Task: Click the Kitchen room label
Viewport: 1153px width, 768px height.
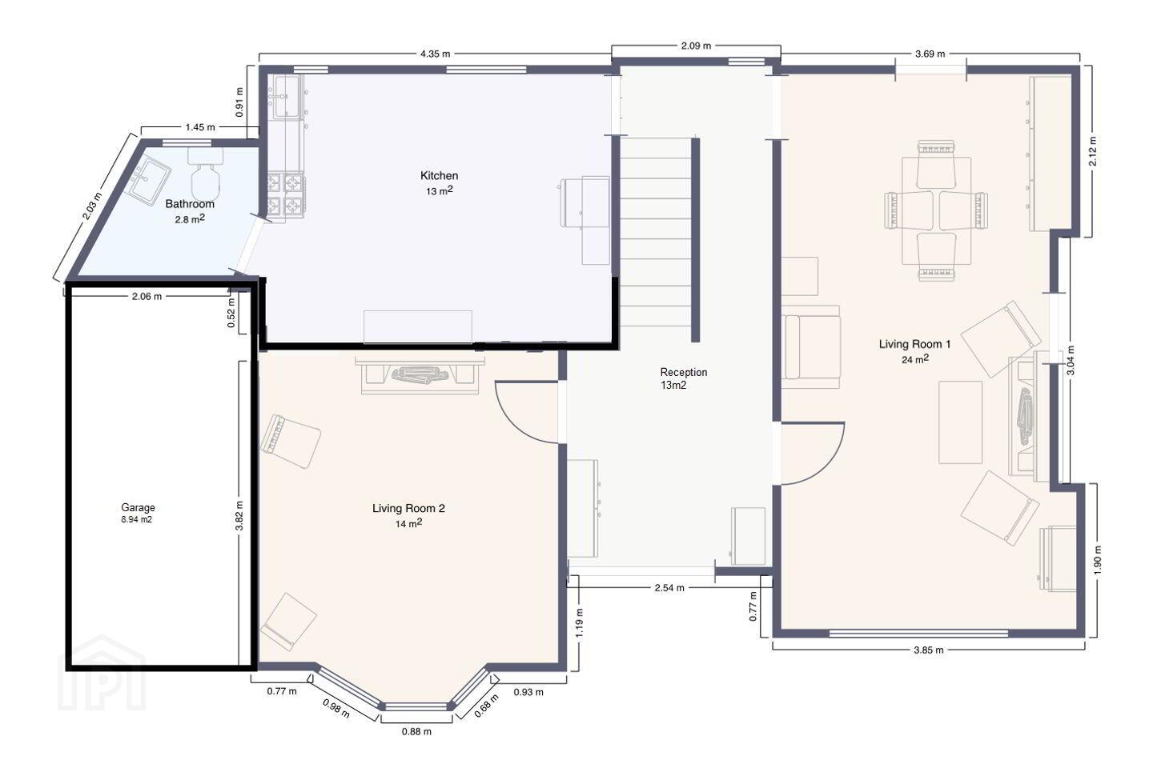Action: coord(439,176)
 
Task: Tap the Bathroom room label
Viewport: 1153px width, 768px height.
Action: coord(190,204)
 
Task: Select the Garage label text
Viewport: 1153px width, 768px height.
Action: coord(138,508)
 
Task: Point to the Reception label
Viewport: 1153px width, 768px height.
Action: coord(684,372)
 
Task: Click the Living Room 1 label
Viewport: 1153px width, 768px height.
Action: coord(914,344)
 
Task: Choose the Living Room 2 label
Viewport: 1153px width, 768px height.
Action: coord(408,508)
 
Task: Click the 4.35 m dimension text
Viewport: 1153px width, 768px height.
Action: coord(435,54)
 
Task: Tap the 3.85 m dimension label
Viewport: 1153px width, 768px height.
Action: coord(929,650)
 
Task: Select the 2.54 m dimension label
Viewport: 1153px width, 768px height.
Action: coord(669,587)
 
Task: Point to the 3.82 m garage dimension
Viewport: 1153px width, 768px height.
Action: coord(239,515)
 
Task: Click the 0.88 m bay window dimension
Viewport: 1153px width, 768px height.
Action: coord(416,731)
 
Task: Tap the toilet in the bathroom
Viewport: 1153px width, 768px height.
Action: coord(205,173)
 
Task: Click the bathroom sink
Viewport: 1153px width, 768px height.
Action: coord(149,181)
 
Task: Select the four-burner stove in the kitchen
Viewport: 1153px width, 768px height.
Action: coord(286,197)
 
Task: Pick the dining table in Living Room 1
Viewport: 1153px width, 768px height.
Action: coord(936,211)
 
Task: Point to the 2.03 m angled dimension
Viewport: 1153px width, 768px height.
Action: coord(93,206)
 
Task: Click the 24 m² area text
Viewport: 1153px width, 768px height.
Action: coord(915,359)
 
